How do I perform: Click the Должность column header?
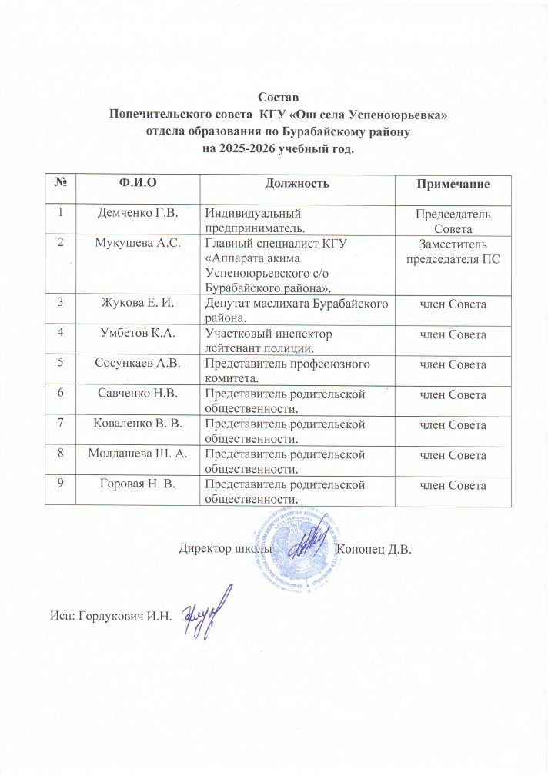(x=297, y=185)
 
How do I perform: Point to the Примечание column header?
(x=452, y=185)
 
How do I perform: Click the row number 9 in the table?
(x=59, y=484)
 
